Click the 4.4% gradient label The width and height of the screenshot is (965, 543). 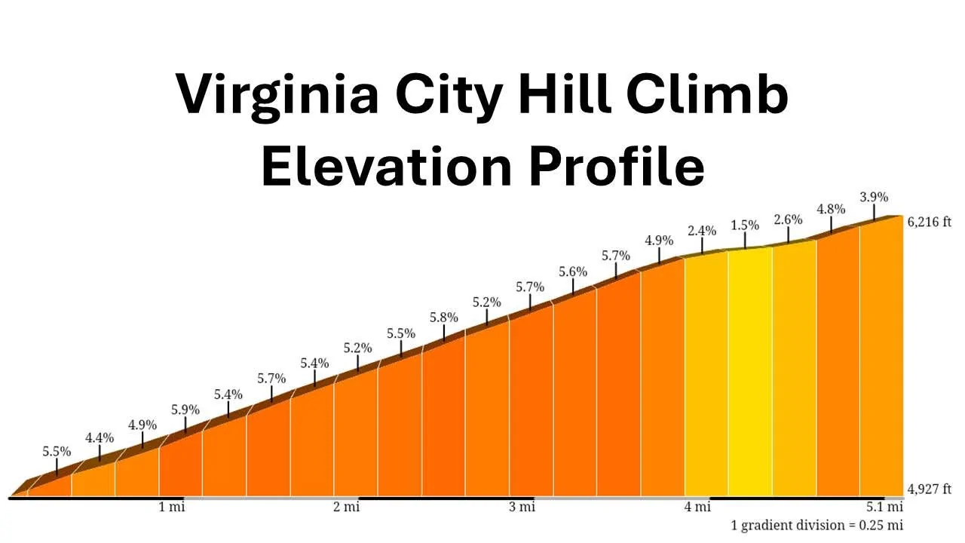click(100, 437)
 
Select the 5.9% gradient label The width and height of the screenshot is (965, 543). click(185, 410)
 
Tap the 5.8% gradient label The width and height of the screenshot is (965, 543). click(443, 318)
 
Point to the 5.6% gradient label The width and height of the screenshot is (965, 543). click(573, 271)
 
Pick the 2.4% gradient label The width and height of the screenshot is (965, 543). click(702, 231)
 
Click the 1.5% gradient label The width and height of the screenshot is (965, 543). click(745, 225)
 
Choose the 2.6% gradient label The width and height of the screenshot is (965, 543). click(788, 219)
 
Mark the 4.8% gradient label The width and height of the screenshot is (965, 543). click(832, 209)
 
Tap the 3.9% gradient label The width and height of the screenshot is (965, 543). click(874, 198)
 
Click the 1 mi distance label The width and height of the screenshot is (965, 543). click(171, 507)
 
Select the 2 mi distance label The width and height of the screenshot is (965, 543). click(347, 507)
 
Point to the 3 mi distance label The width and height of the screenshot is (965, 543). click(522, 507)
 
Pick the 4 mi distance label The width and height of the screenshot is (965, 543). click(697, 507)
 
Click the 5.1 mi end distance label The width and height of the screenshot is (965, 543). click(884, 507)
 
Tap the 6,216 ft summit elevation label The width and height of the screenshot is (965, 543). click(935, 222)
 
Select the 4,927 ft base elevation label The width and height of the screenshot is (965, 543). click(935, 489)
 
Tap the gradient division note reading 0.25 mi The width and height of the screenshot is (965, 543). click(816, 525)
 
